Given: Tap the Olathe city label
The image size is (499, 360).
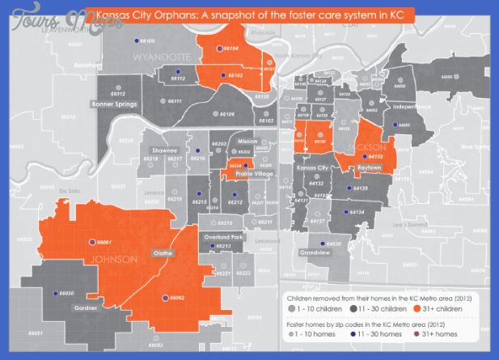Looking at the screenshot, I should [x=163, y=253].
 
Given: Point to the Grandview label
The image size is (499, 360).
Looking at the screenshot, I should [x=315, y=252].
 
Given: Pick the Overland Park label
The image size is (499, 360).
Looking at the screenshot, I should [x=224, y=237].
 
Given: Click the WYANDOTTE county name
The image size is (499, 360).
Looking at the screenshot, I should [x=163, y=57].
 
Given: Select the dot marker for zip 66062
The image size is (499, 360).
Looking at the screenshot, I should [x=166, y=297].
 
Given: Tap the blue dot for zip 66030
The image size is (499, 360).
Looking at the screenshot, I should [x=56, y=293].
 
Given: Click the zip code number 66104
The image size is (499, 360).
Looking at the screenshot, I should [x=231, y=49].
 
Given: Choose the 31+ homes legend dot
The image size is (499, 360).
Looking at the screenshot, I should [x=417, y=333].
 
